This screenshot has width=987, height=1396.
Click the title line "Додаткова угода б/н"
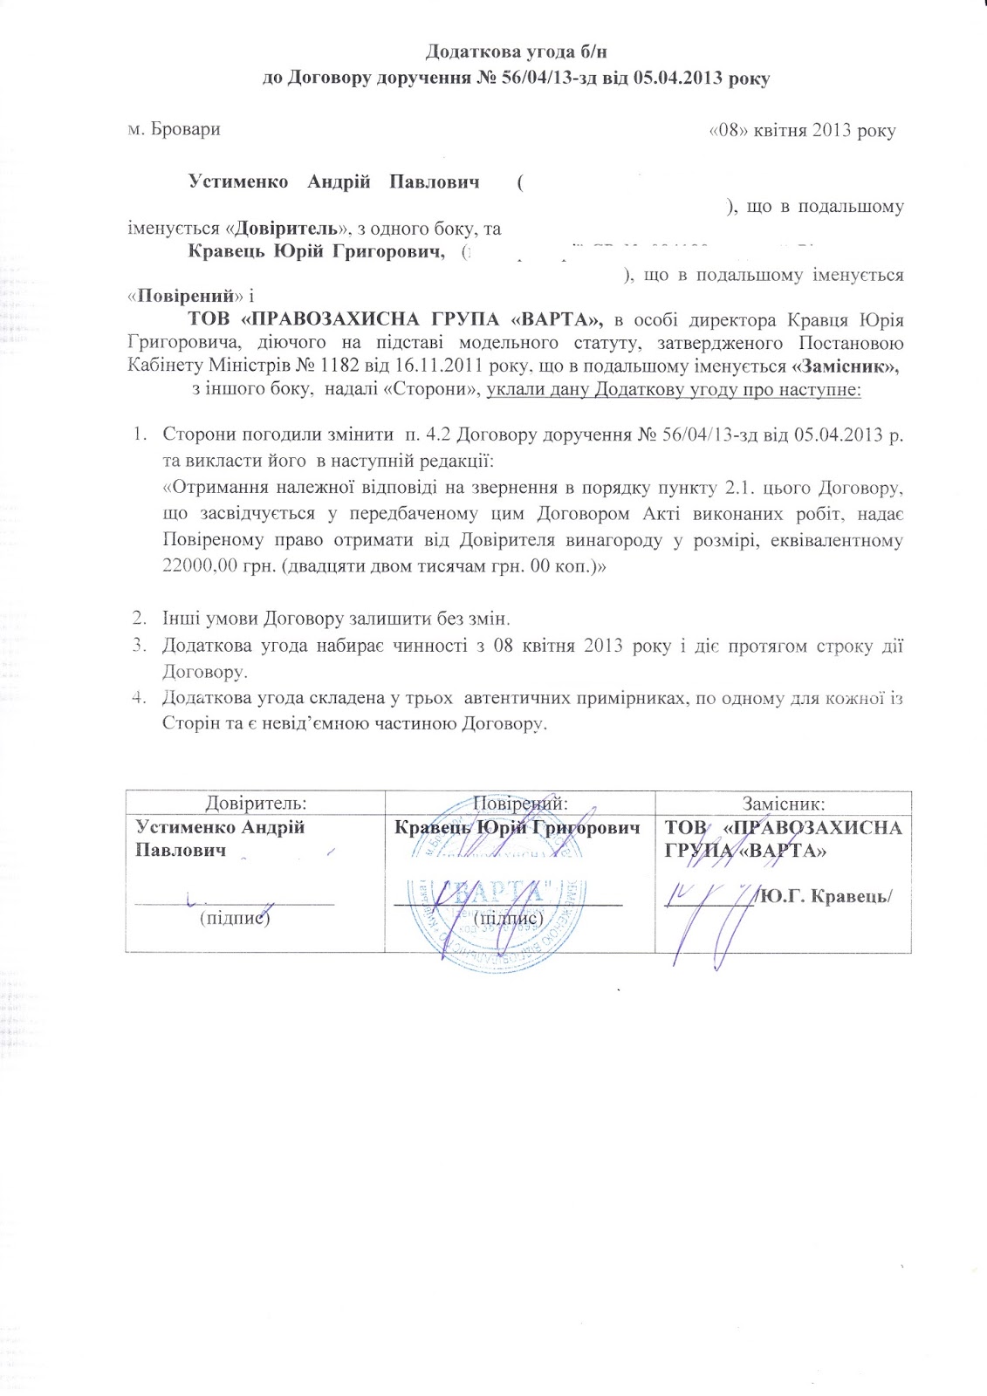click(x=516, y=54)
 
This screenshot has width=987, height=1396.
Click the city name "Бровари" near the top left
click(x=185, y=130)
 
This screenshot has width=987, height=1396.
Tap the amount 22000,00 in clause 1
click(x=203, y=565)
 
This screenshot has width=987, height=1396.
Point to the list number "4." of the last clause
click(x=138, y=697)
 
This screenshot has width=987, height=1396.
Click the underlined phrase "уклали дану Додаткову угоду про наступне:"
click(x=674, y=389)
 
